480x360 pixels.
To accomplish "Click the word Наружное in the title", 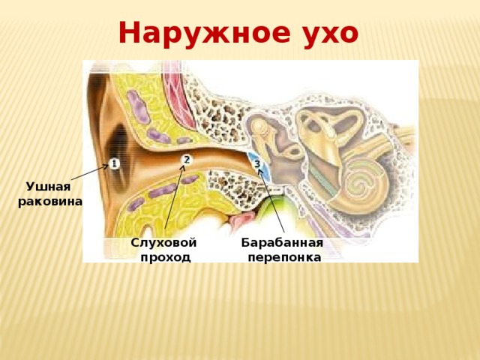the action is [x=204, y=33].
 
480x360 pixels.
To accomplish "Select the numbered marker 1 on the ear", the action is [x=114, y=163].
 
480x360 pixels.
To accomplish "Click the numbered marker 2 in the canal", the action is [x=187, y=160].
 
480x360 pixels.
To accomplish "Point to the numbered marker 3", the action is [x=258, y=164].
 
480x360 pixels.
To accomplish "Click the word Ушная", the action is [x=48, y=186].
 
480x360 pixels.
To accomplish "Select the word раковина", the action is [x=50, y=202].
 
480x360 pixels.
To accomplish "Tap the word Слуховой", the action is [x=163, y=243].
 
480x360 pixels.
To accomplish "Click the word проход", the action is [x=165, y=257].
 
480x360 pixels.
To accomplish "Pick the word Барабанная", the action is [x=282, y=243].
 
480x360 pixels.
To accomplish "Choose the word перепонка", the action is [x=284, y=257].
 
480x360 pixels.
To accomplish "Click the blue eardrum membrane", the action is [x=259, y=166].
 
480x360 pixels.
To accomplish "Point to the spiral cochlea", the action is [x=363, y=183].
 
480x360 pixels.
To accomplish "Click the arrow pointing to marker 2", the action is [x=175, y=197].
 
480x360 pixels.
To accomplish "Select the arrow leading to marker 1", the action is [x=90, y=172].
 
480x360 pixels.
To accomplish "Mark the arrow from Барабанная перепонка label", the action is [x=271, y=200].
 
